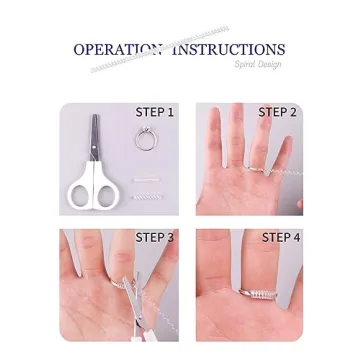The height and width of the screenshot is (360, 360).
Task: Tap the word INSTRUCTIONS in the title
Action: (229, 49)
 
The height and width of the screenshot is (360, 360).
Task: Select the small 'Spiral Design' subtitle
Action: (257, 65)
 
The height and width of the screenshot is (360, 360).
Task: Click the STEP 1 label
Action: (155, 113)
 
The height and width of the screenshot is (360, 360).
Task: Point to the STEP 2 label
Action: (277, 113)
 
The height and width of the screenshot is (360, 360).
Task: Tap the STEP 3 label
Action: (155, 238)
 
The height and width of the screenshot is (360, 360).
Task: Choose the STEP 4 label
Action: (280, 238)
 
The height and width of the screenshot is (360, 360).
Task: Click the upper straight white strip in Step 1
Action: (146, 180)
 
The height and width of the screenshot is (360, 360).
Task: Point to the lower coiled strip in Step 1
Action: (146, 196)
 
